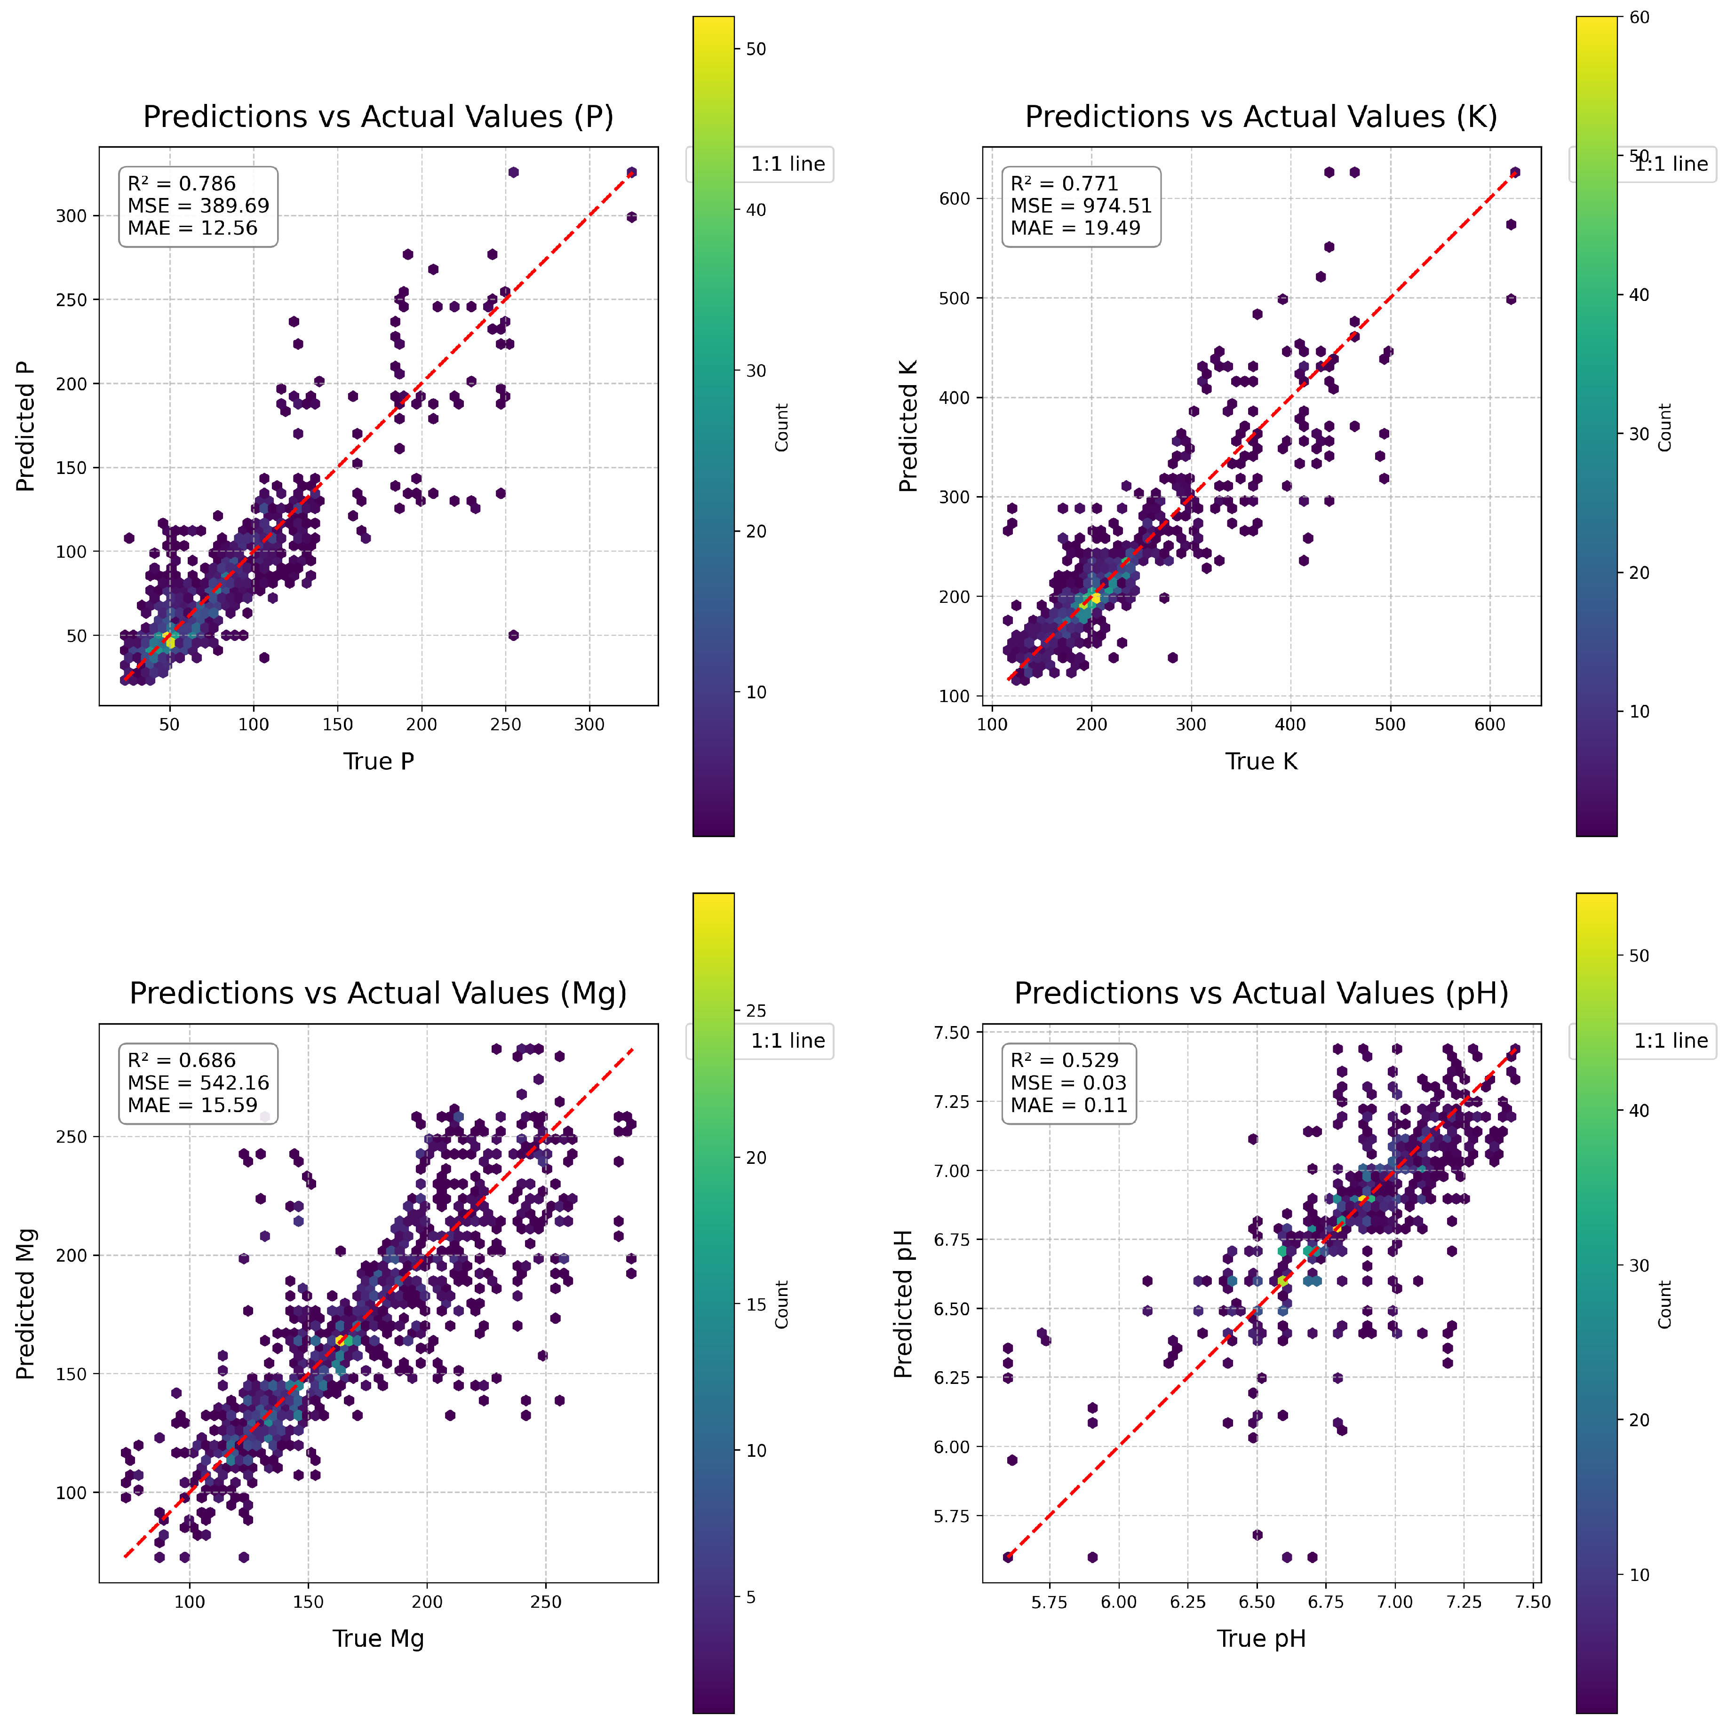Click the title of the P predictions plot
(378, 117)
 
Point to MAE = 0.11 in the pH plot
(1069, 1105)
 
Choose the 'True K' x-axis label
(1261, 761)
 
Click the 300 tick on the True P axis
(589, 725)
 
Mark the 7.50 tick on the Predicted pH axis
(952, 1033)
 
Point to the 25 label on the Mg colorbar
(756, 1011)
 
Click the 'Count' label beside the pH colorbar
(1664, 1303)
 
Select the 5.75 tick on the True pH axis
(1049, 1602)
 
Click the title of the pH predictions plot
(1261, 994)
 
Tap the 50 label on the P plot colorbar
(756, 49)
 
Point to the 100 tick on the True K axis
(991, 725)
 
